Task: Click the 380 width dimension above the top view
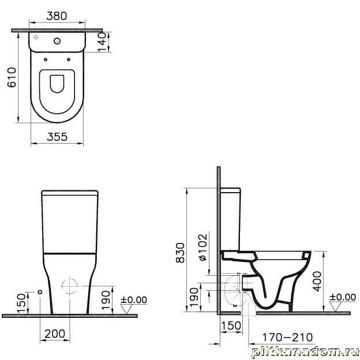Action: tap(57, 16)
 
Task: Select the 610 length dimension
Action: tap(12, 77)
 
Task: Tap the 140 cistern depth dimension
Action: tap(102, 42)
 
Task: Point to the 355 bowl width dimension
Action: tap(57, 137)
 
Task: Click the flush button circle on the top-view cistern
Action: tap(57, 41)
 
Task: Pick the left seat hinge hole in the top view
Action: tap(46, 59)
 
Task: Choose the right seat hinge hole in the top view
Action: tap(69, 59)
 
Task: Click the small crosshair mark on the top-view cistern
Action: tap(36, 37)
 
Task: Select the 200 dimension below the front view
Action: tap(55, 334)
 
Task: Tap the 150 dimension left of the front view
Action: tap(21, 303)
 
